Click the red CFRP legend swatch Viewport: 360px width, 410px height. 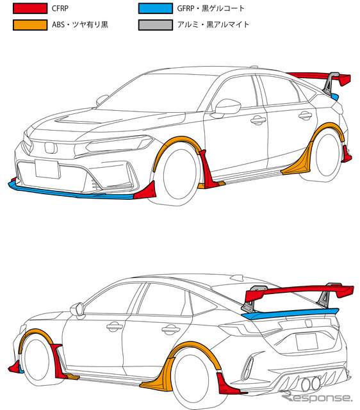(30, 8)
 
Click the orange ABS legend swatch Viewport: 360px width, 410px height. (30, 25)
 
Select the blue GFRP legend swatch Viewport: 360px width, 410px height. (155, 8)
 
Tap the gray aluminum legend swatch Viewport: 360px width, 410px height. (155, 25)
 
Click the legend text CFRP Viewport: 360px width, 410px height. (60, 8)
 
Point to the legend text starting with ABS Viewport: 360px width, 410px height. (79, 24)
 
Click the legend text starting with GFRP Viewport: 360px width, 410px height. (211, 8)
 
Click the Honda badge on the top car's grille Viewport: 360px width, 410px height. (51, 148)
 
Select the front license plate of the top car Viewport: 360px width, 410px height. (47, 169)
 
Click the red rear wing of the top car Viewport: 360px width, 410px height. (319, 77)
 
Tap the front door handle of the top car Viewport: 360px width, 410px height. (258, 120)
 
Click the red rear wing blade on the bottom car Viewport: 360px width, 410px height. (299, 293)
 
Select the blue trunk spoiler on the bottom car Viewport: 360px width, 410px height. (290, 313)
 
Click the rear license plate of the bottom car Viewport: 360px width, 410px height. (306, 341)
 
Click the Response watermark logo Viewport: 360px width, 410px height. (316, 397)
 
